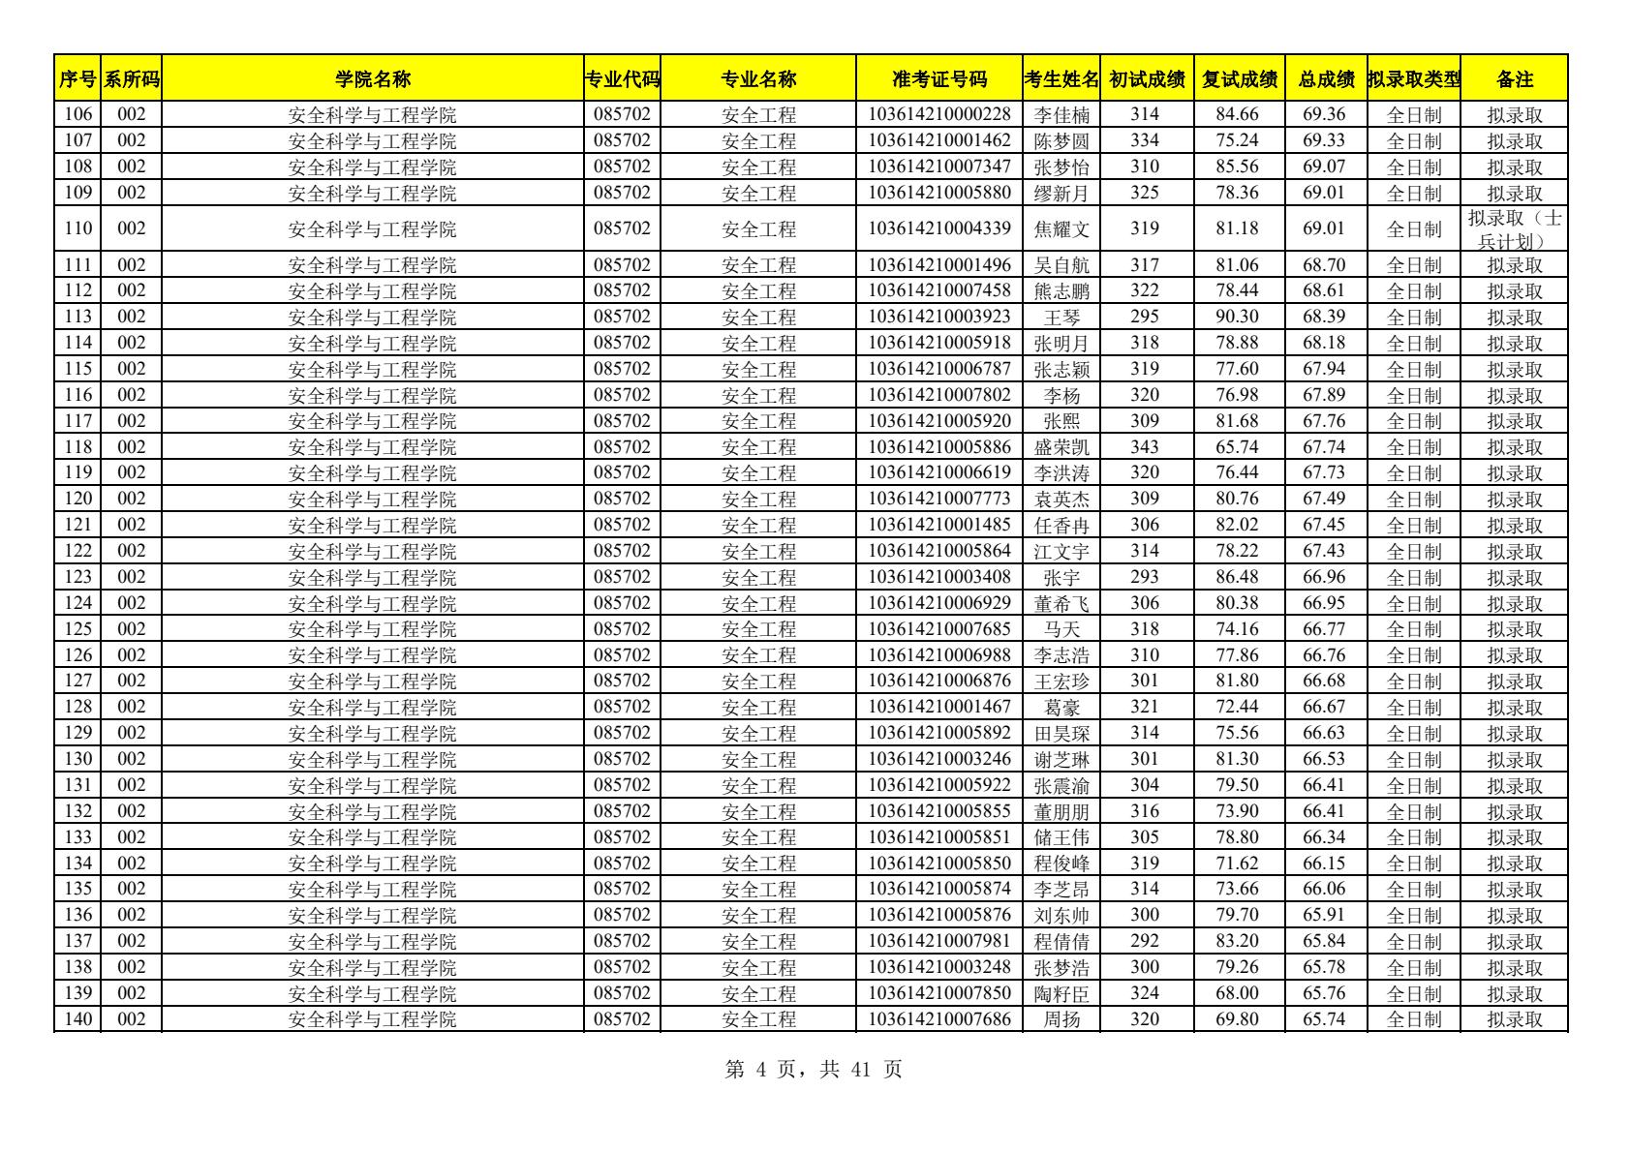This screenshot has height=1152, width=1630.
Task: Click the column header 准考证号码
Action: pos(938,79)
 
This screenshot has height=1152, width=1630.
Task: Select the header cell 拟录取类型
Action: pos(1413,79)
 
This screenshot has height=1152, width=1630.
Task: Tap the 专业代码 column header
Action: pos(622,79)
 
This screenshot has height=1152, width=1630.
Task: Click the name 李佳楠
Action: pos(1061,115)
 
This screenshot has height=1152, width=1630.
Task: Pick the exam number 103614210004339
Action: pos(938,229)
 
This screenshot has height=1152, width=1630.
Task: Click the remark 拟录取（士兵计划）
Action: pos(1514,229)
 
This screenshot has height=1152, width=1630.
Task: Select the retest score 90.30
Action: pos(1237,317)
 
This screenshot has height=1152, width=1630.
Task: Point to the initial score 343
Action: pos(1145,447)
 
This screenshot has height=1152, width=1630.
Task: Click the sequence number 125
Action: pos(77,629)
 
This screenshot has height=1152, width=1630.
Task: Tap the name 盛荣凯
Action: pos(1061,447)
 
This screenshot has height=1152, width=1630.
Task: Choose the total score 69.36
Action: pos(1324,115)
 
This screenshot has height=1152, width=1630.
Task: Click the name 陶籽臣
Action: pos(1061,993)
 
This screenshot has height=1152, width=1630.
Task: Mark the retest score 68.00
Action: pos(1237,993)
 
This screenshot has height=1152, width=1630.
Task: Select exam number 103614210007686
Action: pos(938,1019)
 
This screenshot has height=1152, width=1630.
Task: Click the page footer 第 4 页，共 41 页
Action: pos(814,1070)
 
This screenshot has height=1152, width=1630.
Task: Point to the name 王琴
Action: pos(1061,317)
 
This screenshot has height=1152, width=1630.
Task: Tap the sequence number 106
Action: pos(77,115)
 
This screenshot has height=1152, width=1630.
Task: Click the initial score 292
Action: pos(1145,941)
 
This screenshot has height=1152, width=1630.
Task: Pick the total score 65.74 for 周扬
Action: pos(1324,1019)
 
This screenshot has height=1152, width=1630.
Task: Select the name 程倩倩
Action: pos(1061,941)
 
